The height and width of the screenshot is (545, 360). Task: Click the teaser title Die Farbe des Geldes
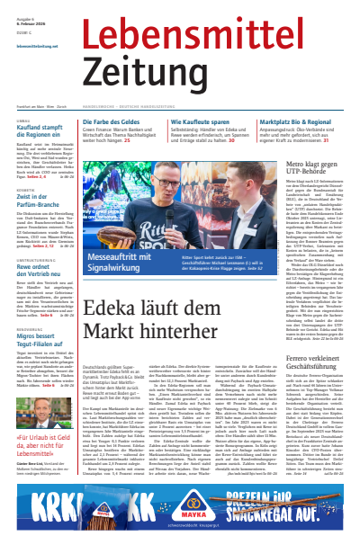(x=131, y=121)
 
